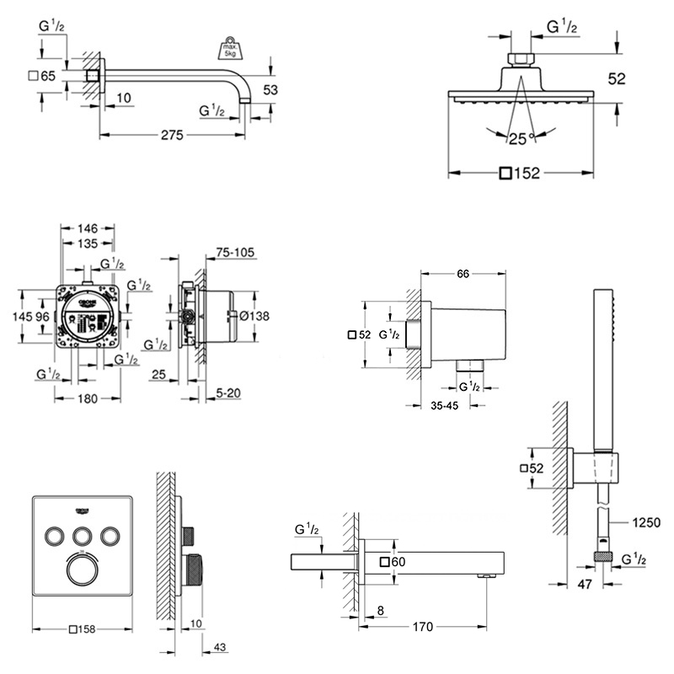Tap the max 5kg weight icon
tap(230, 47)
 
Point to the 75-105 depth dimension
tap(236, 251)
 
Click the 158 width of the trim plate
tap(86, 629)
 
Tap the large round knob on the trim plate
tap(83, 569)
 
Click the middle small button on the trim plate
tap(83, 535)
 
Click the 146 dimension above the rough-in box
tap(88, 227)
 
